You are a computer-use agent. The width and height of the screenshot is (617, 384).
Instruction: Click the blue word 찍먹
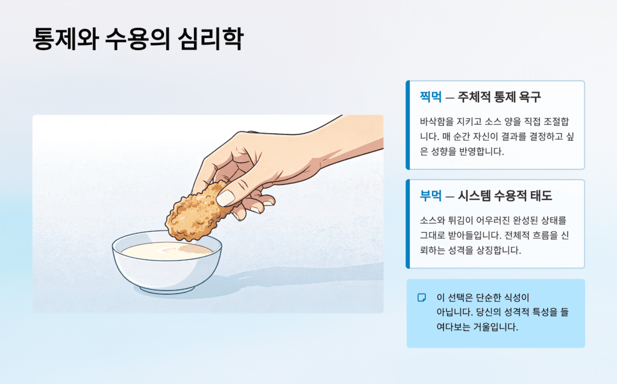pos(430,97)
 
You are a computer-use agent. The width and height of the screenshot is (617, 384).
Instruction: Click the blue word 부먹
pos(430,196)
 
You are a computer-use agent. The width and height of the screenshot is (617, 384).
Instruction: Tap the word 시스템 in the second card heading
pos(478,196)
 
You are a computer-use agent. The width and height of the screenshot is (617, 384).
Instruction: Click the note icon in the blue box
pos(422,298)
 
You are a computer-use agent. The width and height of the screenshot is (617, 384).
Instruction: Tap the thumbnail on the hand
pos(227,198)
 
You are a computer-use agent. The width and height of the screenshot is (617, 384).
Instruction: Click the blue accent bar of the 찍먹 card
pos(407,125)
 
